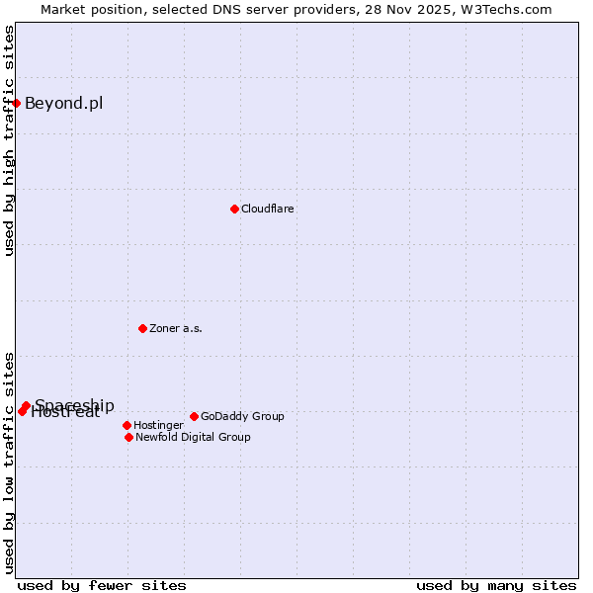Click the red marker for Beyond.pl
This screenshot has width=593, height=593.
[x=16, y=103]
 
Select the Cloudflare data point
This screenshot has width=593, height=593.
[x=234, y=209]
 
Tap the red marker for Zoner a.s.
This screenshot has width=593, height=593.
[x=142, y=328]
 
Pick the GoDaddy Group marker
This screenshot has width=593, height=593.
[x=194, y=416]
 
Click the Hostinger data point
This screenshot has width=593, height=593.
[x=127, y=425]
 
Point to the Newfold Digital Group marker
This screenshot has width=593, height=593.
[x=128, y=437]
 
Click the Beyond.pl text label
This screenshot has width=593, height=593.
[x=63, y=103]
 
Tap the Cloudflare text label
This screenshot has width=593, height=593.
[x=268, y=209]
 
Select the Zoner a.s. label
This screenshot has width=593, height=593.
[x=176, y=328]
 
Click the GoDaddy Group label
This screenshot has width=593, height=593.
[x=242, y=416]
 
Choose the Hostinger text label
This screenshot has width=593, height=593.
[x=158, y=425]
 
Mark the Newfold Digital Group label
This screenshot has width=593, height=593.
[x=193, y=437]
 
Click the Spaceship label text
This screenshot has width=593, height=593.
[x=75, y=405]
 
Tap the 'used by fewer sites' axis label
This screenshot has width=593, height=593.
[x=102, y=585]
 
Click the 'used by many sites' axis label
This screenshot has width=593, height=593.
[x=496, y=585]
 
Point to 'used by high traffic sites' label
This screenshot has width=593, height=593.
[x=9, y=140]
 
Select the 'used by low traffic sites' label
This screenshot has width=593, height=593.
[x=9, y=463]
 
